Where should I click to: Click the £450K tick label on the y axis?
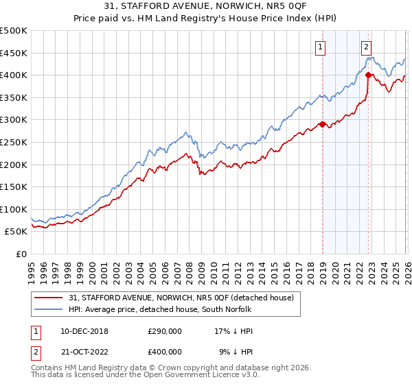click(x=14, y=53)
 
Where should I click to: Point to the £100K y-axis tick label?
click(x=14, y=209)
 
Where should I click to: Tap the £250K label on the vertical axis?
click(x=14, y=142)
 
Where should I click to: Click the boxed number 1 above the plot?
click(x=321, y=47)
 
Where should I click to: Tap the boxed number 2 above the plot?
click(x=367, y=47)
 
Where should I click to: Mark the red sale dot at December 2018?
click(x=321, y=124)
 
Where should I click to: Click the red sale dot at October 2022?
click(x=368, y=75)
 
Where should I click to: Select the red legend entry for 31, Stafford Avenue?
click(x=181, y=298)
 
